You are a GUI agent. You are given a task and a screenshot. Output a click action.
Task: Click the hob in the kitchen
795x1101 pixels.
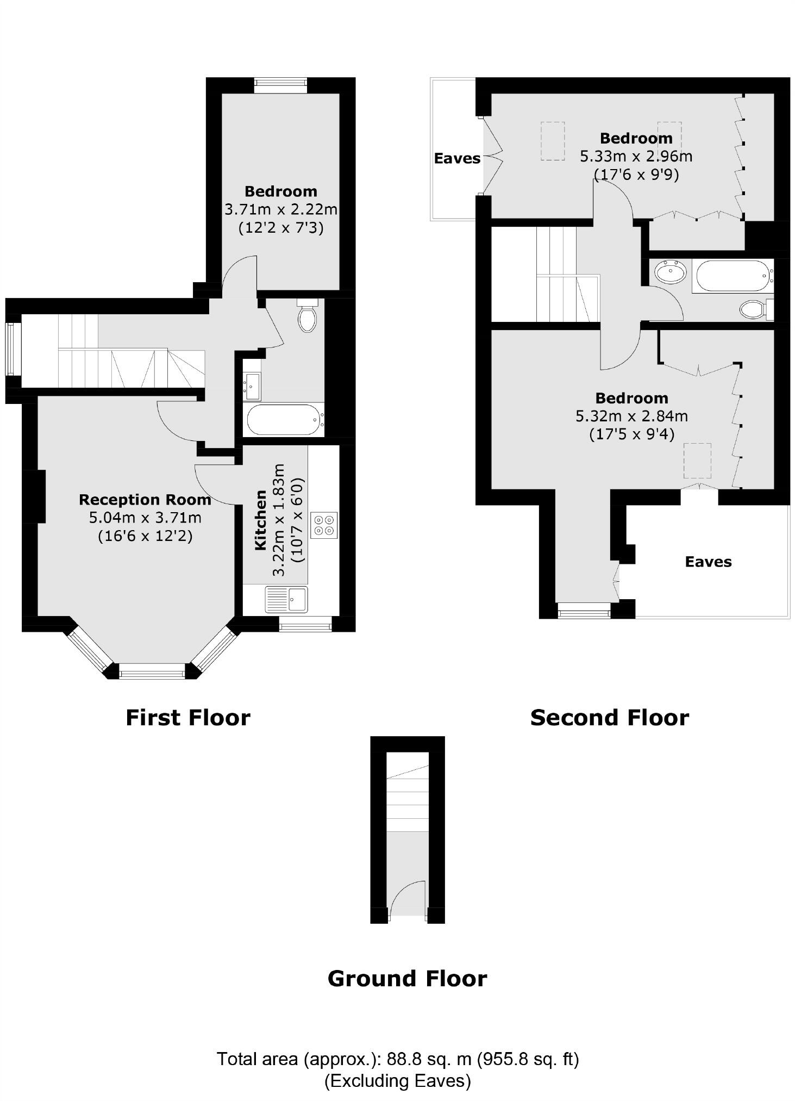[x=324, y=525]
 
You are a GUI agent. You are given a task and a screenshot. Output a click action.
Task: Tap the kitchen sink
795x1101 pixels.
[x=286, y=599]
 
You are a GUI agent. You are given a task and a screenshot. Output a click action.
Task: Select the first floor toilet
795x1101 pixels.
[x=308, y=316]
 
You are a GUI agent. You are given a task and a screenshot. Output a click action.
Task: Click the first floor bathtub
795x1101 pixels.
[x=283, y=420]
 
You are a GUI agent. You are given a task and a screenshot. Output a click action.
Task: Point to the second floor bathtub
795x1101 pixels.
[x=732, y=276]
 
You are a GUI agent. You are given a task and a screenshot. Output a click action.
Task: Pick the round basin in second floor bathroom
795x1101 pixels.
[x=670, y=272]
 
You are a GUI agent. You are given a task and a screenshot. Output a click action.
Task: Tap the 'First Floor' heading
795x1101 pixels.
[x=188, y=718]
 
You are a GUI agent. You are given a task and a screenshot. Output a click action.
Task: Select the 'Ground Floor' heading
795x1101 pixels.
[x=407, y=979]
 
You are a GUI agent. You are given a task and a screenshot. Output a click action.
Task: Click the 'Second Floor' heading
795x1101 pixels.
[x=609, y=718]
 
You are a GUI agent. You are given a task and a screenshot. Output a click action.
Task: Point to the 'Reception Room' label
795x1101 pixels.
[x=145, y=500]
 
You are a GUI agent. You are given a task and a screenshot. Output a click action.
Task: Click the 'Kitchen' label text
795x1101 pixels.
[x=261, y=520]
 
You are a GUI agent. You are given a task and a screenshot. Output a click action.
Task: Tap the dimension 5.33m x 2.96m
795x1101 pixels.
[x=636, y=157]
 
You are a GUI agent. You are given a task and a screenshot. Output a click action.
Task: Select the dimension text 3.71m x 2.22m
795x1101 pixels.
[x=281, y=209]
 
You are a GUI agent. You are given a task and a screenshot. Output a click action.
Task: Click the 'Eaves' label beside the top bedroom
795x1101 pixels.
[x=457, y=158]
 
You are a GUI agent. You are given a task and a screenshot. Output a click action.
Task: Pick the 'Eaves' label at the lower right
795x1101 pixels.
[x=708, y=562]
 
